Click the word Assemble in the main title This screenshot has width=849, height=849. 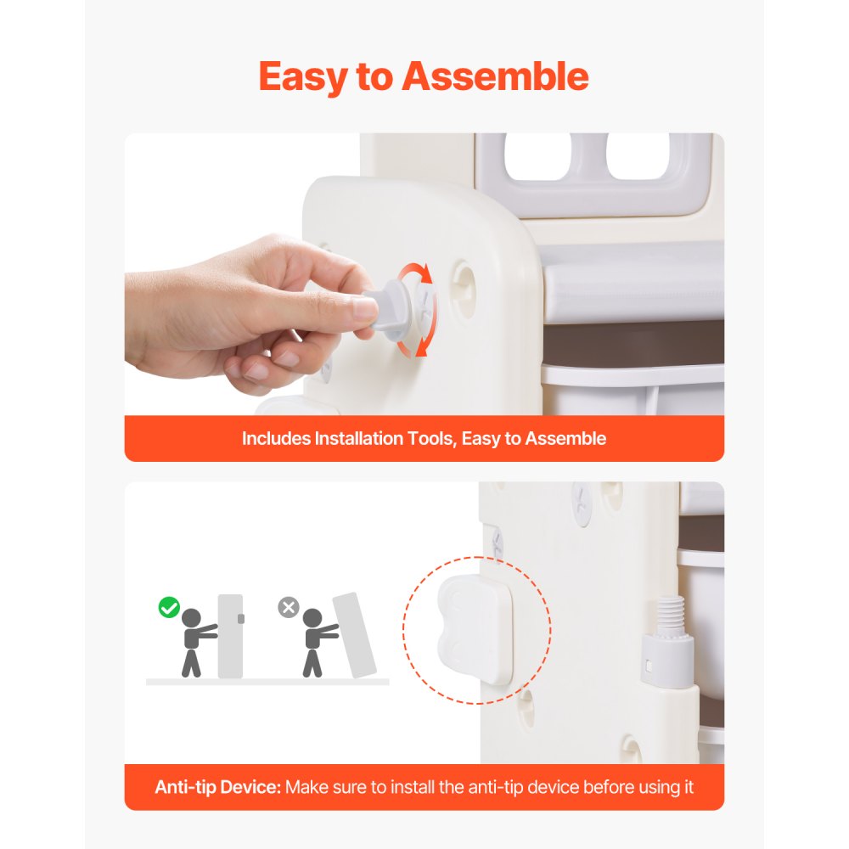click(x=495, y=76)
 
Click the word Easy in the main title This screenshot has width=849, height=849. click(x=304, y=76)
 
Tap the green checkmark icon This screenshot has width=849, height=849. click(x=169, y=607)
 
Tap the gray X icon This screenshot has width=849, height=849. click(x=289, y=607)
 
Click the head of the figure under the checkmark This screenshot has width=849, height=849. click(x=191, y=618)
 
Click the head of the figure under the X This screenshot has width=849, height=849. click(x=312, y=618)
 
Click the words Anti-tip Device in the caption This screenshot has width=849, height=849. click(x=217, y=787)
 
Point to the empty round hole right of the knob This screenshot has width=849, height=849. click(x=464, y=278)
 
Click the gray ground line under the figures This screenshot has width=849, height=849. click(x=267, y=681)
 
